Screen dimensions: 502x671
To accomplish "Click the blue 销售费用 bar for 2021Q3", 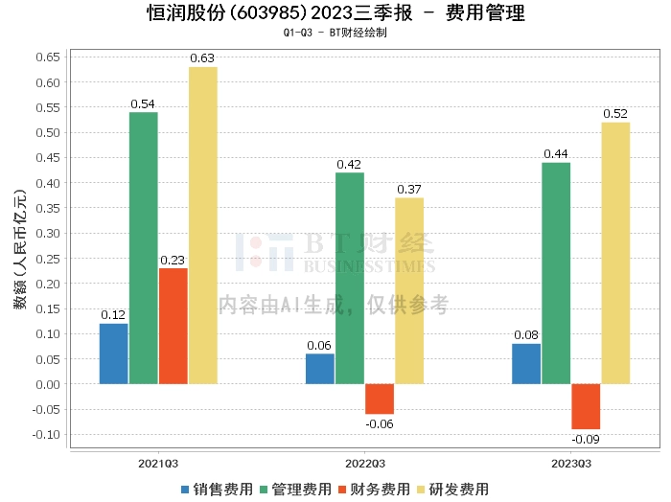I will pyautogui.click(x=113, y=354).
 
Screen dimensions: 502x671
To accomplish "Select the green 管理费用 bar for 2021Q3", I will pyautogui.click(x=143, y=248).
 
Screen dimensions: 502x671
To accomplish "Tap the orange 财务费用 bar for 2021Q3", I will pyautogui.click(x=174, y=326).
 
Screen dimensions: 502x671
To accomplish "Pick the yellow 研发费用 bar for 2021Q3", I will pyautogui.click(x=203, y=225).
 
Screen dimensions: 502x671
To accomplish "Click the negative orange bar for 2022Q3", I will pyautogui.click(x=380, y=399).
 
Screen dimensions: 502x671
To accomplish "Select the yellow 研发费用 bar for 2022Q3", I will pyautogui.click(x=409, y=290).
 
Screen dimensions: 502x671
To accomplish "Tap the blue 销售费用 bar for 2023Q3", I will pyautogui.click(x=526, y=363).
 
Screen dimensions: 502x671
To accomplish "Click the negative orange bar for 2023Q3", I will pyautogui.click(x=586, y=406).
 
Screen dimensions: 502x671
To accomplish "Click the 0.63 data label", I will pyautogui.click(x=202, y=58).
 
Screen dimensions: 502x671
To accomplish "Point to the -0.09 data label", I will pyautogui.click(x=585, y=440).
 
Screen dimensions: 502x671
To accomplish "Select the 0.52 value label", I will pyautogui.click(x=615, y=114).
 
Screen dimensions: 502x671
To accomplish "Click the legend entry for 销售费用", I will pyautogui.click(x=218, y=490).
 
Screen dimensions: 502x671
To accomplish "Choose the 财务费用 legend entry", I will pyautogui.click(x=375, y=490).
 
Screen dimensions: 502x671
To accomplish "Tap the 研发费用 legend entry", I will pyautogui.click(x=453, y=490).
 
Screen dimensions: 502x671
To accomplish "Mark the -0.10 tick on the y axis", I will pyautogui.click(x=45, y=434).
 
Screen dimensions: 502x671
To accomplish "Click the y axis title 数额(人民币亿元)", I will pyautogui.click(x=19, y=249).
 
